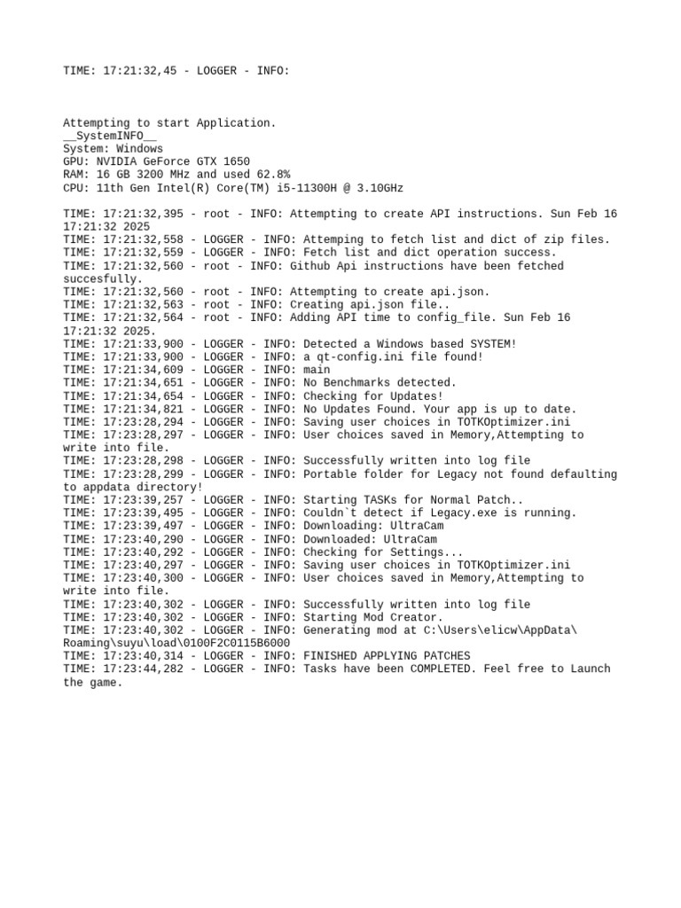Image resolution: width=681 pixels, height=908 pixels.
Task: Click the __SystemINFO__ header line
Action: pos(110,136)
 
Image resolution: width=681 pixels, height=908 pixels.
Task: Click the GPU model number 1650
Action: pos(236,162)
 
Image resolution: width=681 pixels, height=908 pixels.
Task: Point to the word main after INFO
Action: pos(317,370)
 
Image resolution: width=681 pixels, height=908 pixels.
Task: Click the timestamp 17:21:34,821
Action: pos(146,409)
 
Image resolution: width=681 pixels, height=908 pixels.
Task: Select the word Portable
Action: pos(330,474)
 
